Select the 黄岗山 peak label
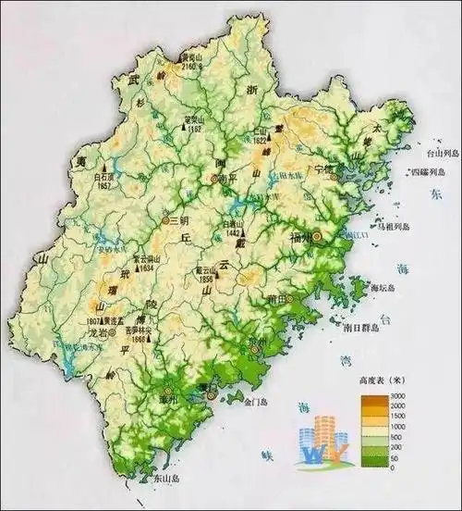click(192, 56)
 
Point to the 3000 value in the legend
click(398, 396)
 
